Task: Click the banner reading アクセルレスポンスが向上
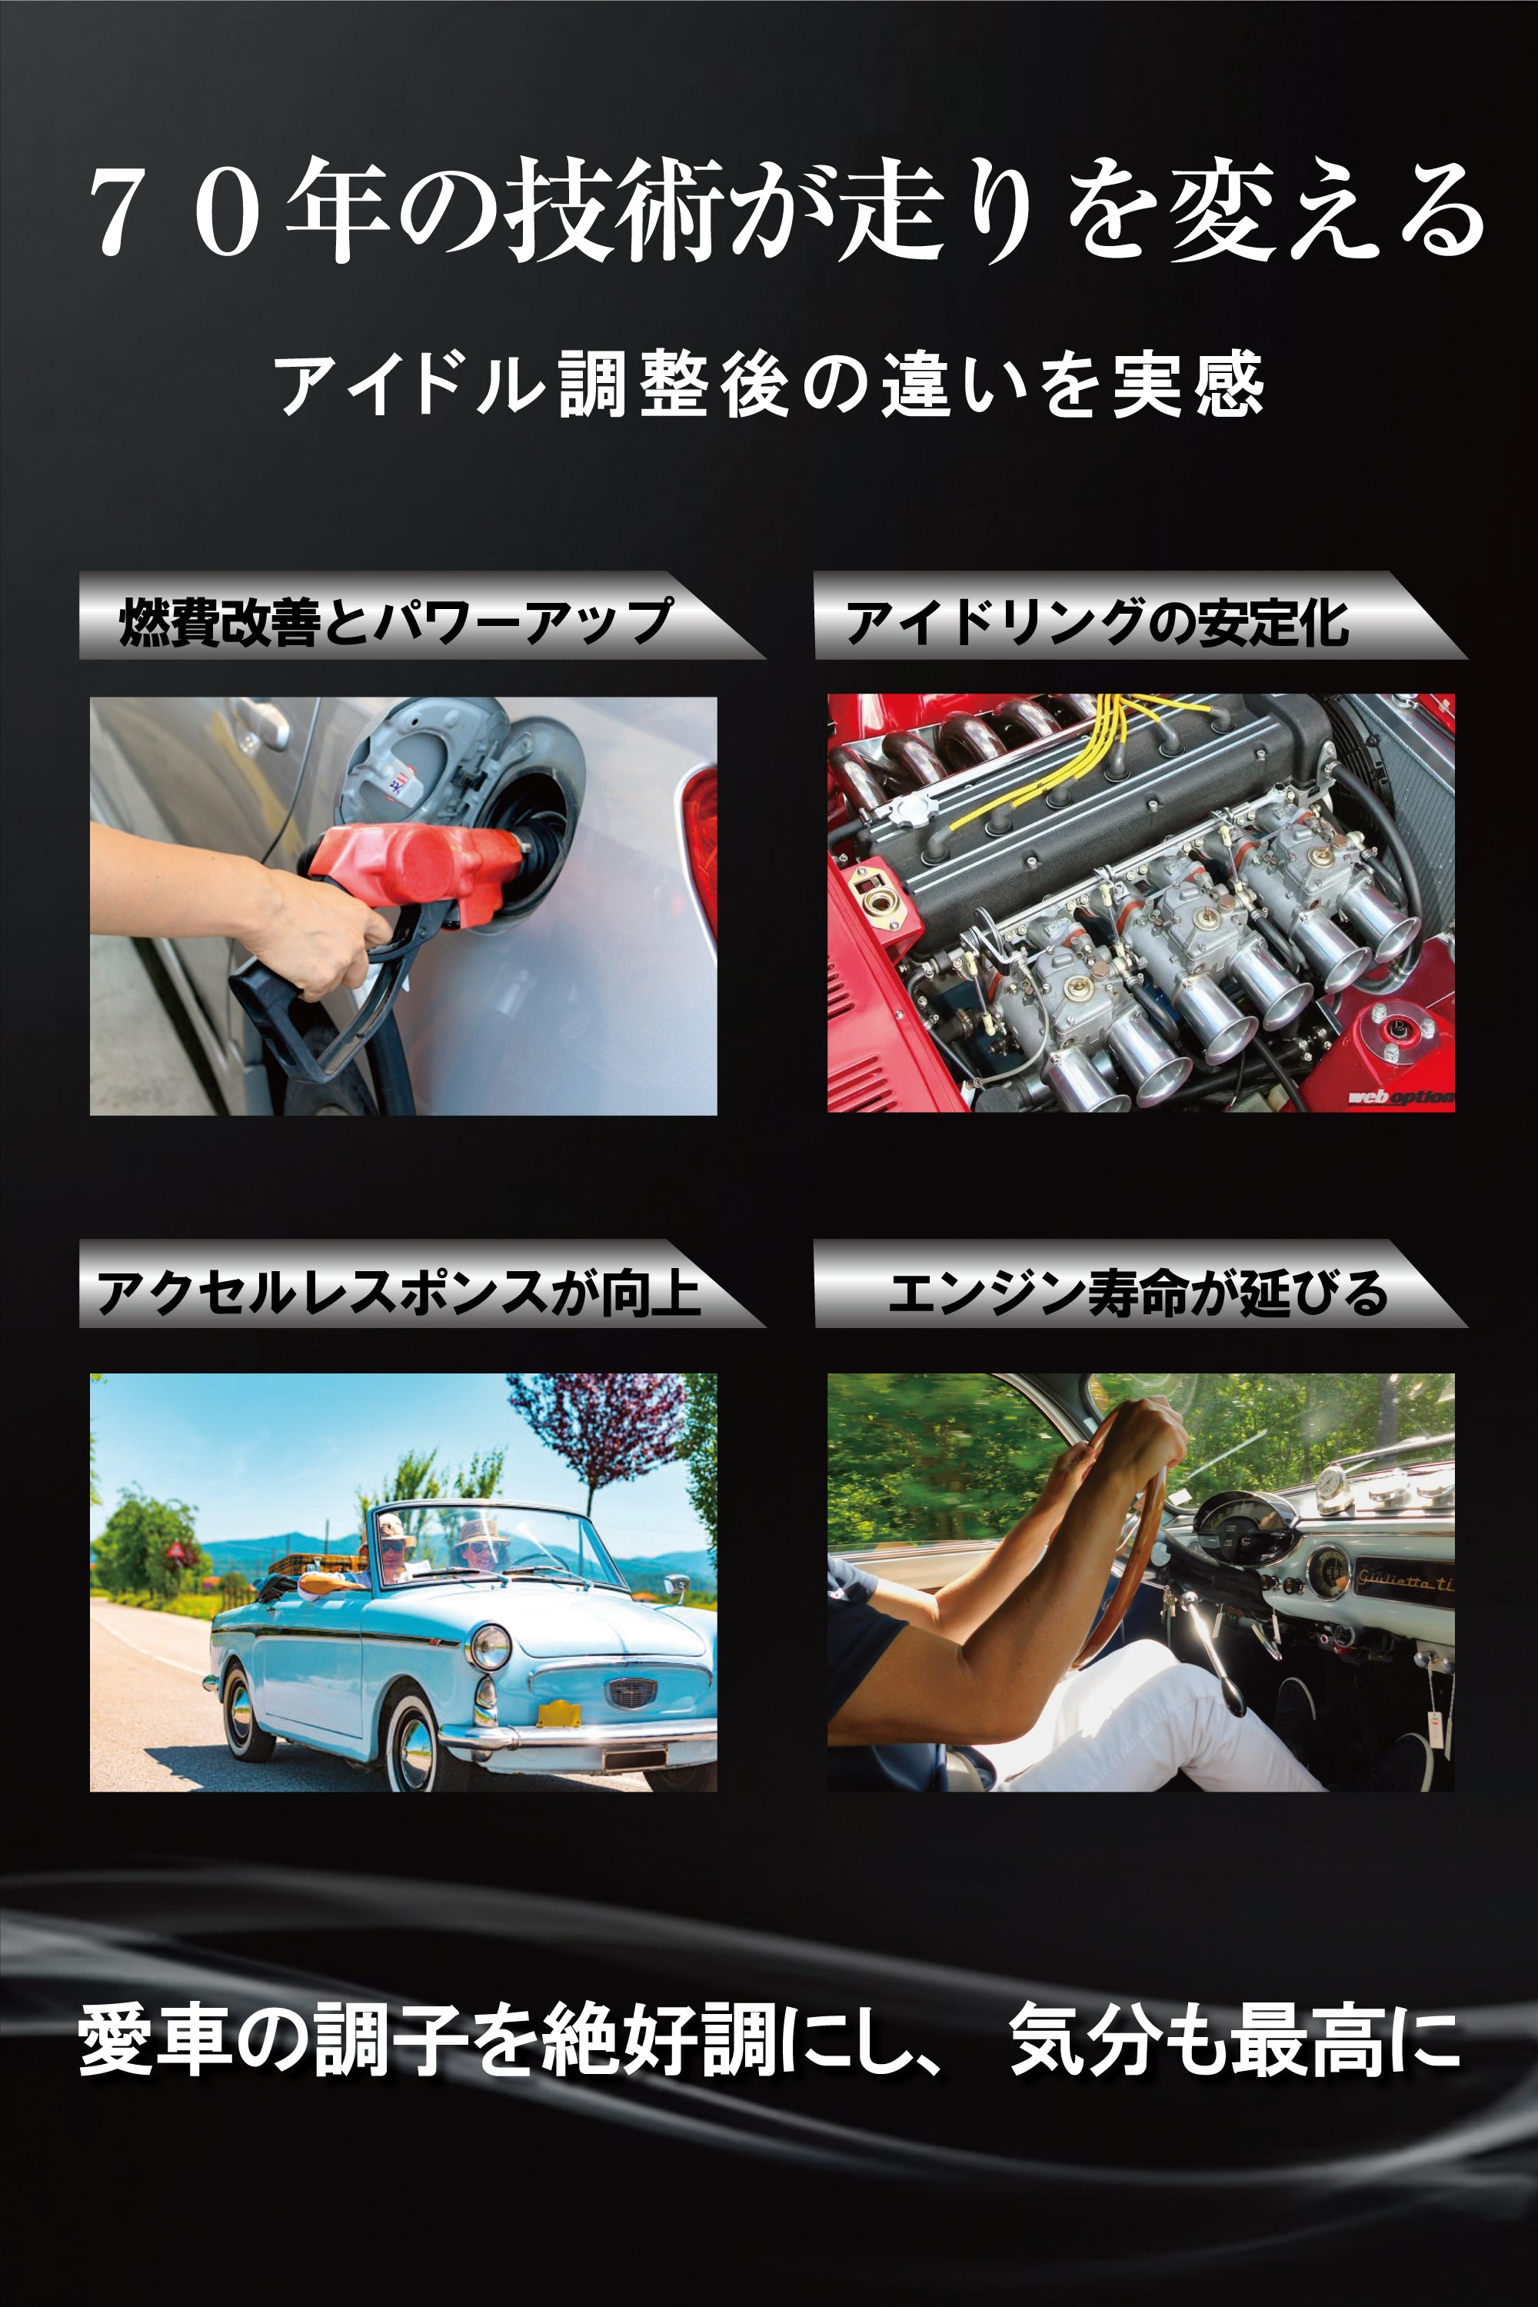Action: [398, 1291]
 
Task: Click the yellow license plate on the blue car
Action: [559, 1713]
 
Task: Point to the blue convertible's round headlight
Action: [488, 1646]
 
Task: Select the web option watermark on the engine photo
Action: [1400, 1097]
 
